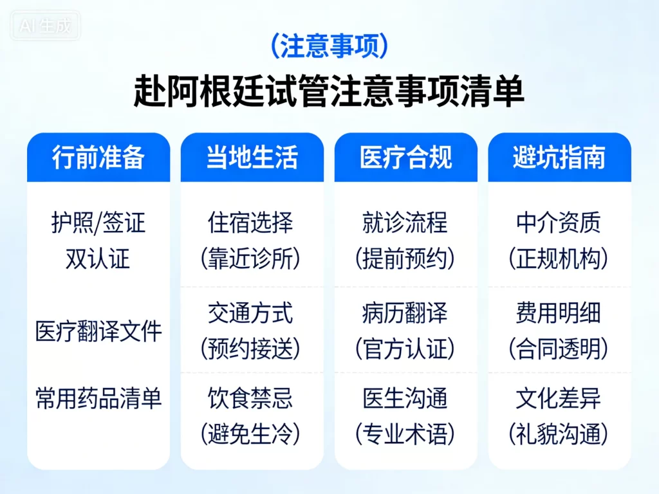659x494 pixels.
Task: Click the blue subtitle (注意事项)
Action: click(329, 46)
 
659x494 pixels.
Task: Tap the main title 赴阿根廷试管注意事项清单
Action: click(329, 91)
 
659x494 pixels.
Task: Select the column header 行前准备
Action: click(98, 158)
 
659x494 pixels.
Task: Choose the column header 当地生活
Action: click(252, 158)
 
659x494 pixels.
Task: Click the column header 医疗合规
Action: click(405, 158)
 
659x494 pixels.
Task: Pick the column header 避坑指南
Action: click(559, 158)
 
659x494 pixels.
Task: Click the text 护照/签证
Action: click(98, 223)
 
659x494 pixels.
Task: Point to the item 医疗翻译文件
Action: click(98, 333)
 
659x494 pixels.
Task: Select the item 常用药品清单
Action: click(98, 399)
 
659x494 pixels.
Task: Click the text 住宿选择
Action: click(251, 223)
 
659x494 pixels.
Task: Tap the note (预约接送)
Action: click(251, 349)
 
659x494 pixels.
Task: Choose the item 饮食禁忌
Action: click(251, 399)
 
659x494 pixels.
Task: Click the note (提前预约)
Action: click(405, 259)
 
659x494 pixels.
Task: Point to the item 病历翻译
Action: click(405, 314)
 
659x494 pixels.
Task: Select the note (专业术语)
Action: click(405, 435)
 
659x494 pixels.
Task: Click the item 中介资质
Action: click(559, 223)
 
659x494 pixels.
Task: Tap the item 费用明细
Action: click(559, 314)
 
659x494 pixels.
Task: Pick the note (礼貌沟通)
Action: click(559, 435)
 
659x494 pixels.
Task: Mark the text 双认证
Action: click(98, 259)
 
